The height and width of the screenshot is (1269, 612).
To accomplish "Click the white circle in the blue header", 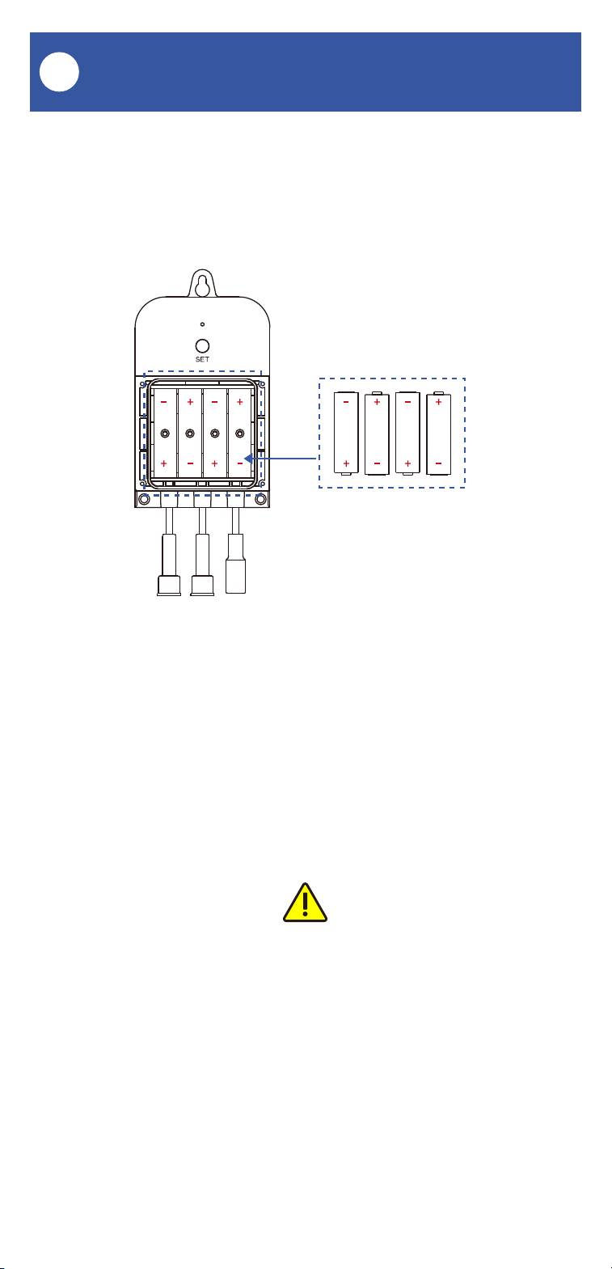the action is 59,72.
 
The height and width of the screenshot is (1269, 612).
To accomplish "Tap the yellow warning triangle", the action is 305,903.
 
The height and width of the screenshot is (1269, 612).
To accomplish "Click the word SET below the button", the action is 202,359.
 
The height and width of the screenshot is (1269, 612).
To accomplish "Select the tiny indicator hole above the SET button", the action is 202,324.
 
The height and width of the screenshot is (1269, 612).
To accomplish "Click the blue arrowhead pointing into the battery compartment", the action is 248,458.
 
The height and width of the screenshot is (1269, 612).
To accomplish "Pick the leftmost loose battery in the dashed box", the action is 346,433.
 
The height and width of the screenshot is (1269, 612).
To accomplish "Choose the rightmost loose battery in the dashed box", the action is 438,433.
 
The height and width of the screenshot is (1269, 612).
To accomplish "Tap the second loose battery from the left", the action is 377,433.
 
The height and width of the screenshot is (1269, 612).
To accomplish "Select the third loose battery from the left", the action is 407,433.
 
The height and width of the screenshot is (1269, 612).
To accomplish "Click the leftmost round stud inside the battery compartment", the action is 165,434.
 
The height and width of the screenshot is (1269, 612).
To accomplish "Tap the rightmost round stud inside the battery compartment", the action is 239,434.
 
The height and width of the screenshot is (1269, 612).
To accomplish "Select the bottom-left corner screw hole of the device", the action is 145,499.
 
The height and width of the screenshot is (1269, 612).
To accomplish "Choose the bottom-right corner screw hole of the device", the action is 260,499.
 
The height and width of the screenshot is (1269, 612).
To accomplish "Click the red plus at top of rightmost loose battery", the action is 438,402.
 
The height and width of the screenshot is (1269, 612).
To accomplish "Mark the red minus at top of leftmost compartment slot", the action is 163,402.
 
